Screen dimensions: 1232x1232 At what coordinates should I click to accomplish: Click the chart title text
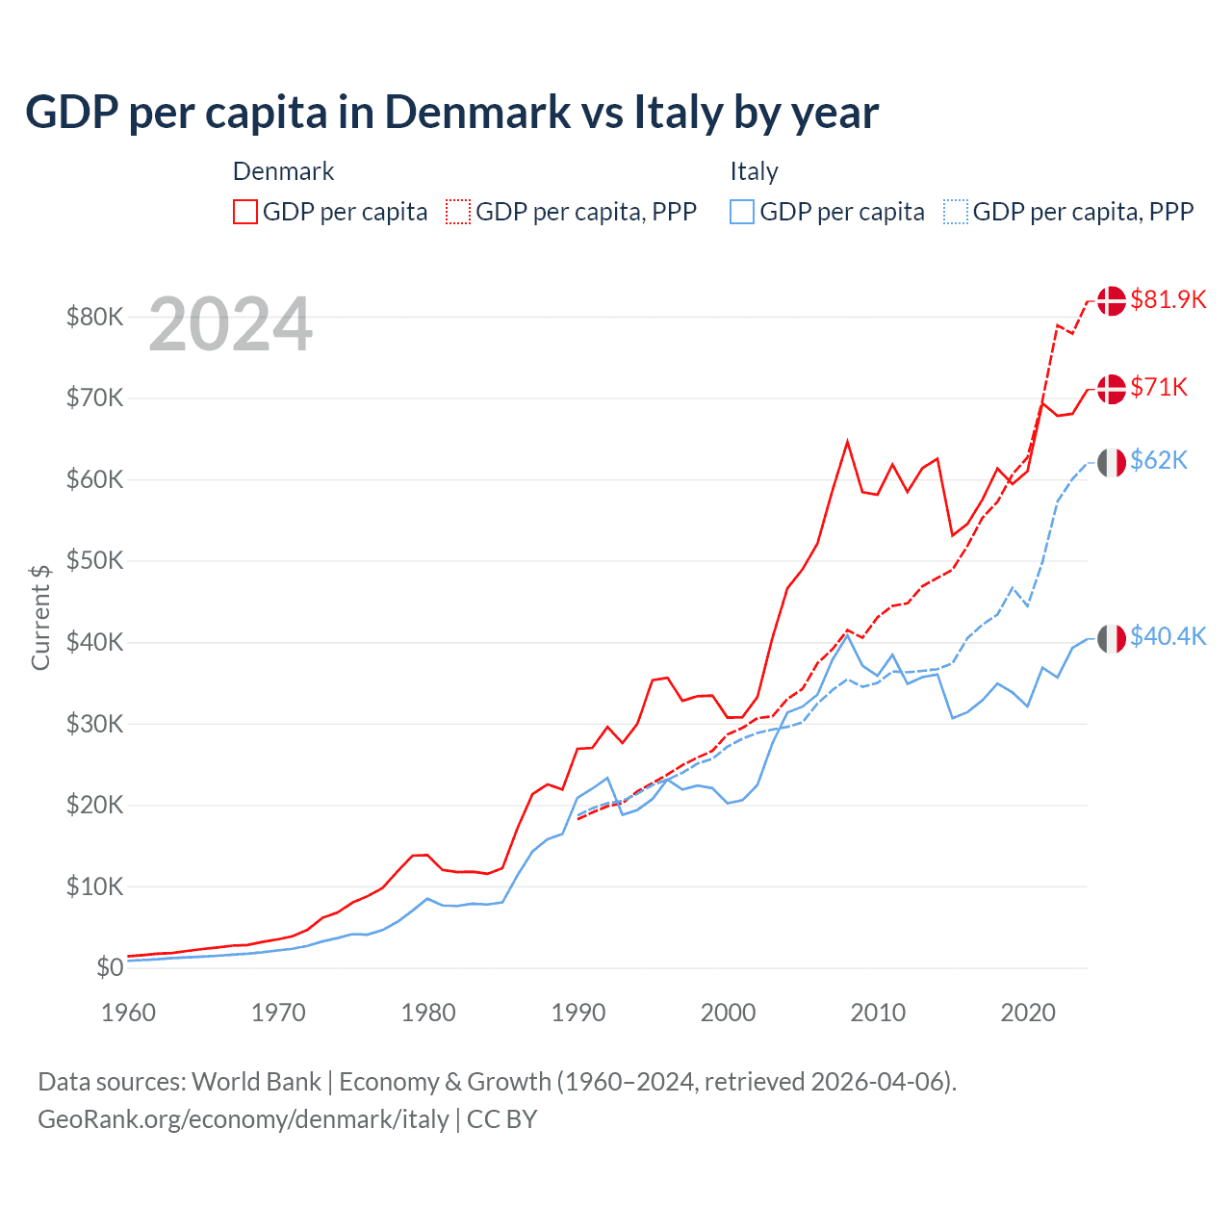pos(451,113)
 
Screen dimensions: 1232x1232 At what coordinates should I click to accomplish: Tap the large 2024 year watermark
pos(231,325)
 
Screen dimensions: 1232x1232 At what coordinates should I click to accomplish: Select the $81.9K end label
pos(1168,299)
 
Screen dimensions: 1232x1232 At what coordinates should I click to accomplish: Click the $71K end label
pos(1159,387)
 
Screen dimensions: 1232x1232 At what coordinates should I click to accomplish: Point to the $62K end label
pos(1159,460)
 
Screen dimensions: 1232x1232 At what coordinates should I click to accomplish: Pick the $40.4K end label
pos(1168,636)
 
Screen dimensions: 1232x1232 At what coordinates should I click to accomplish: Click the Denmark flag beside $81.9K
pos(1112,300)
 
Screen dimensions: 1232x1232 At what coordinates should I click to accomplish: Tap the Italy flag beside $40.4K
pos(1112,637)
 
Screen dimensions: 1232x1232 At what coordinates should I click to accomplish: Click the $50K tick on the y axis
pos(94,560)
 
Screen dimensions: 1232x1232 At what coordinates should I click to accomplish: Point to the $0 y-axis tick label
pos(110,967)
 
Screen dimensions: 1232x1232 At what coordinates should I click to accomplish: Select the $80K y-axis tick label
pos(94,317)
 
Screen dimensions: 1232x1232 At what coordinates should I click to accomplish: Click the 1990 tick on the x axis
pos(578,1013)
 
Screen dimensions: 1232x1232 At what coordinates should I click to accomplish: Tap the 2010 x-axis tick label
pos(878,1013)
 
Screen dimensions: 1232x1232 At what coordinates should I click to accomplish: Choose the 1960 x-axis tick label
pos(128,1013)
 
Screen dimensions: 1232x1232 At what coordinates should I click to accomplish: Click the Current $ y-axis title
pos(40,617)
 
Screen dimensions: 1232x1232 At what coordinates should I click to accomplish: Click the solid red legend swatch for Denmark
pos(245,212)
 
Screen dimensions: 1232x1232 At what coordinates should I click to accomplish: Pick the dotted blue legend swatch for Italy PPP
pos(956,212)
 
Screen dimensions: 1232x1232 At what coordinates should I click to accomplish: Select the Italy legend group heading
pos(754,171)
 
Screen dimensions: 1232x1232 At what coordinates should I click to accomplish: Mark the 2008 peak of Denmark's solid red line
pos(847,442)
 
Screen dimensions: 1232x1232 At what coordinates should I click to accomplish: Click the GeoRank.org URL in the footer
pos(244,1119)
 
